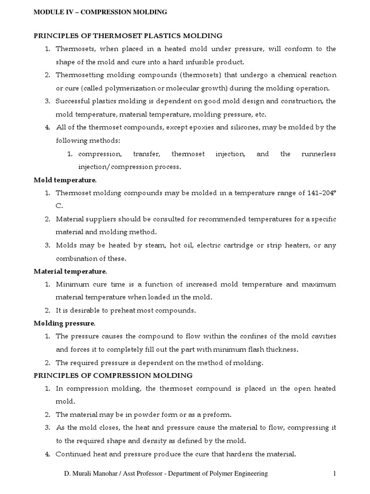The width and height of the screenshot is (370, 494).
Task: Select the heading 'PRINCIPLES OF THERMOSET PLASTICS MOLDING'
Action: tap(128, 36)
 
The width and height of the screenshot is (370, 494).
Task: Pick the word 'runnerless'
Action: tap(318, 154)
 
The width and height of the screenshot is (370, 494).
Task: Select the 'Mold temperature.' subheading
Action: tap(65, 180)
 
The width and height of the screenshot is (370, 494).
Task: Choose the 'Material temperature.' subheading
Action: tap(70, 271)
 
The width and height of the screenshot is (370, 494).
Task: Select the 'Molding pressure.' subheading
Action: tap(65, 323)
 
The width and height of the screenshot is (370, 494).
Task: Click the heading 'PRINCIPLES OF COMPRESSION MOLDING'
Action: tap(113, 375)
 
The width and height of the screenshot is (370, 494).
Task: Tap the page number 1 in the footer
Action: tap(334, 474)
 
